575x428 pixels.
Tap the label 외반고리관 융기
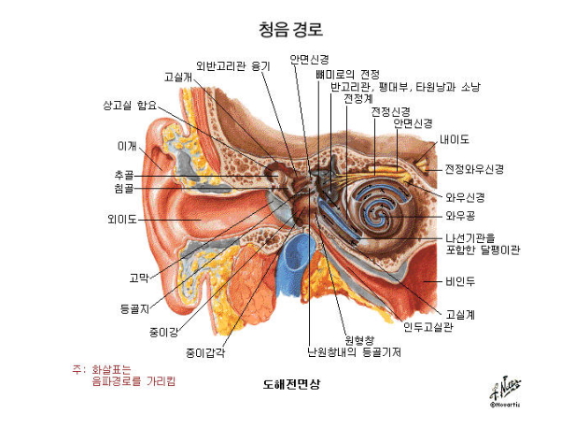232,65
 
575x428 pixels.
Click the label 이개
126,146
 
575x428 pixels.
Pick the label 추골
123,174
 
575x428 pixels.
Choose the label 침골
123,188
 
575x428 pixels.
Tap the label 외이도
122,220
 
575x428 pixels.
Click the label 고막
138,278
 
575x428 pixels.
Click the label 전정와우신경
474,169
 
